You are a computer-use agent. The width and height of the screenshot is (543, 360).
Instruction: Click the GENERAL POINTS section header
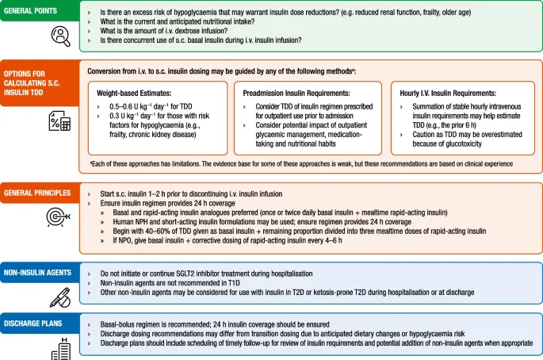(x=34, y=11)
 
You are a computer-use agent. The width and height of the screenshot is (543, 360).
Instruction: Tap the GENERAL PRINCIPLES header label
(x=37, y=193)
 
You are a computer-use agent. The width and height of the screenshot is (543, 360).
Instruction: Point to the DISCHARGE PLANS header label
(x=35, y=323)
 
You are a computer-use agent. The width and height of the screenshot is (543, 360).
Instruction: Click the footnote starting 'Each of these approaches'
(x=301, y=164)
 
